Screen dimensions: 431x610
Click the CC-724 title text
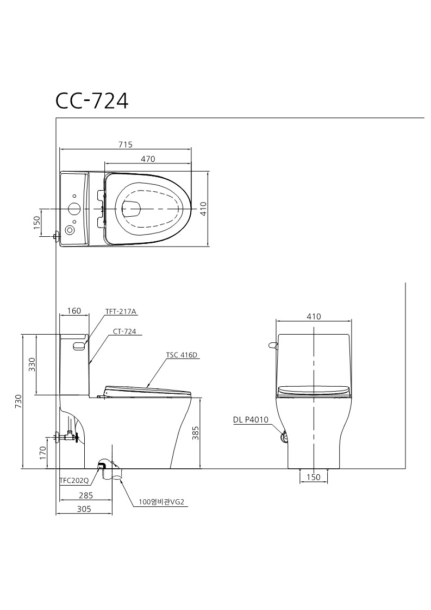[92, 100]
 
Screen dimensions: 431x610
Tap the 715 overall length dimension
[126, 144]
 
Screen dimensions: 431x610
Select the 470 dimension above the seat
[148, 159]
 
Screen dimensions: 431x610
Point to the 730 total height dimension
[18, 401]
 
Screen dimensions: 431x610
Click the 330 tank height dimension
[32, 364]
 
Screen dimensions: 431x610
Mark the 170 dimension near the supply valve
[43, 452]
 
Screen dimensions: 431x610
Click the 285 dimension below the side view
[86, 495]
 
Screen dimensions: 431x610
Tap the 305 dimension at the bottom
[84, 509]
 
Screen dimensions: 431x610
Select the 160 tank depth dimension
[74, 311]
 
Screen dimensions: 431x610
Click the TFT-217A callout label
[122, 311]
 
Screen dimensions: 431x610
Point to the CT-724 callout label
[124, 331]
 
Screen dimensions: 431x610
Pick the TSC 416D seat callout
[182, 355]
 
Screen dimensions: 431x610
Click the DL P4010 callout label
[251, 419]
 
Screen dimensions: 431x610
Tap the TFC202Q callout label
[74, 481]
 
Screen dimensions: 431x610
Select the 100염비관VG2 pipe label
[164, 502]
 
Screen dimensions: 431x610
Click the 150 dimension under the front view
[314, 477]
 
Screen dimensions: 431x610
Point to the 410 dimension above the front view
[314, 316]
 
